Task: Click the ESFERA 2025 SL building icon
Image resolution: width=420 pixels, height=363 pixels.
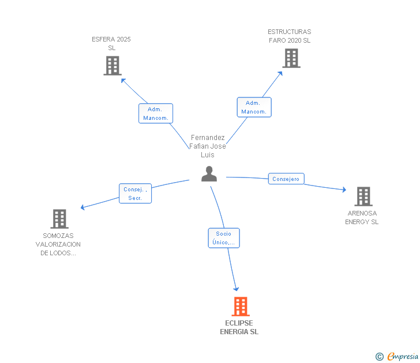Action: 112,66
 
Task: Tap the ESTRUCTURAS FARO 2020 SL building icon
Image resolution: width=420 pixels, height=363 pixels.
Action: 291,58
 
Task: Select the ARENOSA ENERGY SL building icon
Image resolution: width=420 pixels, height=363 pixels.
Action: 363,196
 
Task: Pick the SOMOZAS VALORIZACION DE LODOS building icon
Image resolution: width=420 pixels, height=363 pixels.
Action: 59,219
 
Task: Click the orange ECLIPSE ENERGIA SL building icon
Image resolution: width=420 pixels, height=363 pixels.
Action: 240,307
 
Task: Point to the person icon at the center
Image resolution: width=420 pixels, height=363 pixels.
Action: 209,174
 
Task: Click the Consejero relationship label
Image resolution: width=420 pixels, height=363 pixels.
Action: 286,179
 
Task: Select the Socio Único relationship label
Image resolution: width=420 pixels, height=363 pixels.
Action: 223,238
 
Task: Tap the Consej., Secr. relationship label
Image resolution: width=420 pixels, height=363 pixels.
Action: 135,194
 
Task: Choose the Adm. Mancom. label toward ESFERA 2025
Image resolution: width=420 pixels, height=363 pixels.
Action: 156,114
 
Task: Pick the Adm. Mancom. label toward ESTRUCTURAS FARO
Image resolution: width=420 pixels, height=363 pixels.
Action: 254,107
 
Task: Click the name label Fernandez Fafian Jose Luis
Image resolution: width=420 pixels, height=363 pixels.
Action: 208,146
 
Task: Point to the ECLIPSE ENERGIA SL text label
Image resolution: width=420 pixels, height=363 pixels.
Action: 239,327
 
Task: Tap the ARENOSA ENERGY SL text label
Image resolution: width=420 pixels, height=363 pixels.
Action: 362,217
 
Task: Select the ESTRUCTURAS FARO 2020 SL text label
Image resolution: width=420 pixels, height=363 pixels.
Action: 290,36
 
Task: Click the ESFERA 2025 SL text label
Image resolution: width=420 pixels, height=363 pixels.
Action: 111,43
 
